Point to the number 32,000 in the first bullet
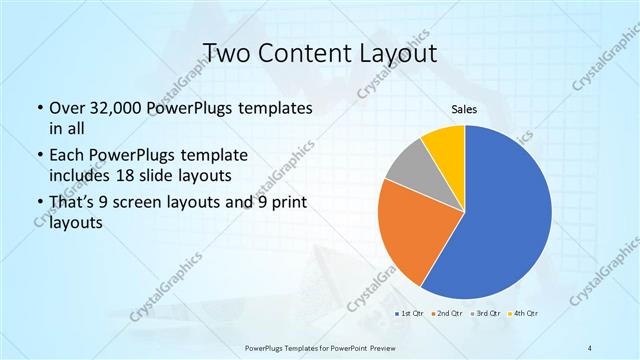(118, 108)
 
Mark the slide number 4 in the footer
(590, 347)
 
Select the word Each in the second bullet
(67, 156)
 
